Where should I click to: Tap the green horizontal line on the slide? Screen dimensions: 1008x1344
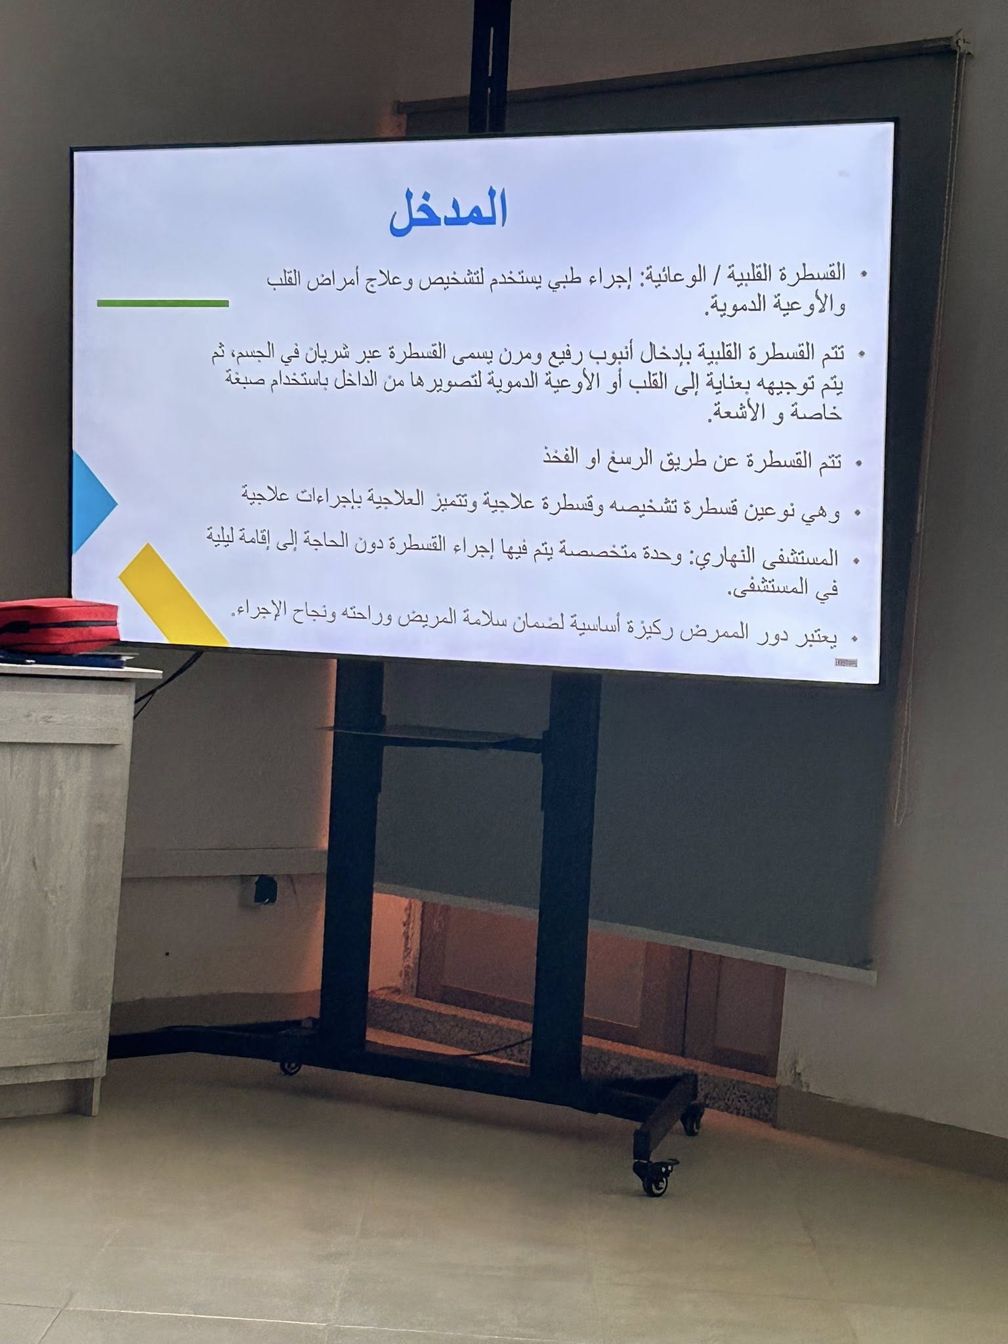click(163, 303)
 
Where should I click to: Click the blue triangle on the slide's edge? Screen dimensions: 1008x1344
click(94, 503)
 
